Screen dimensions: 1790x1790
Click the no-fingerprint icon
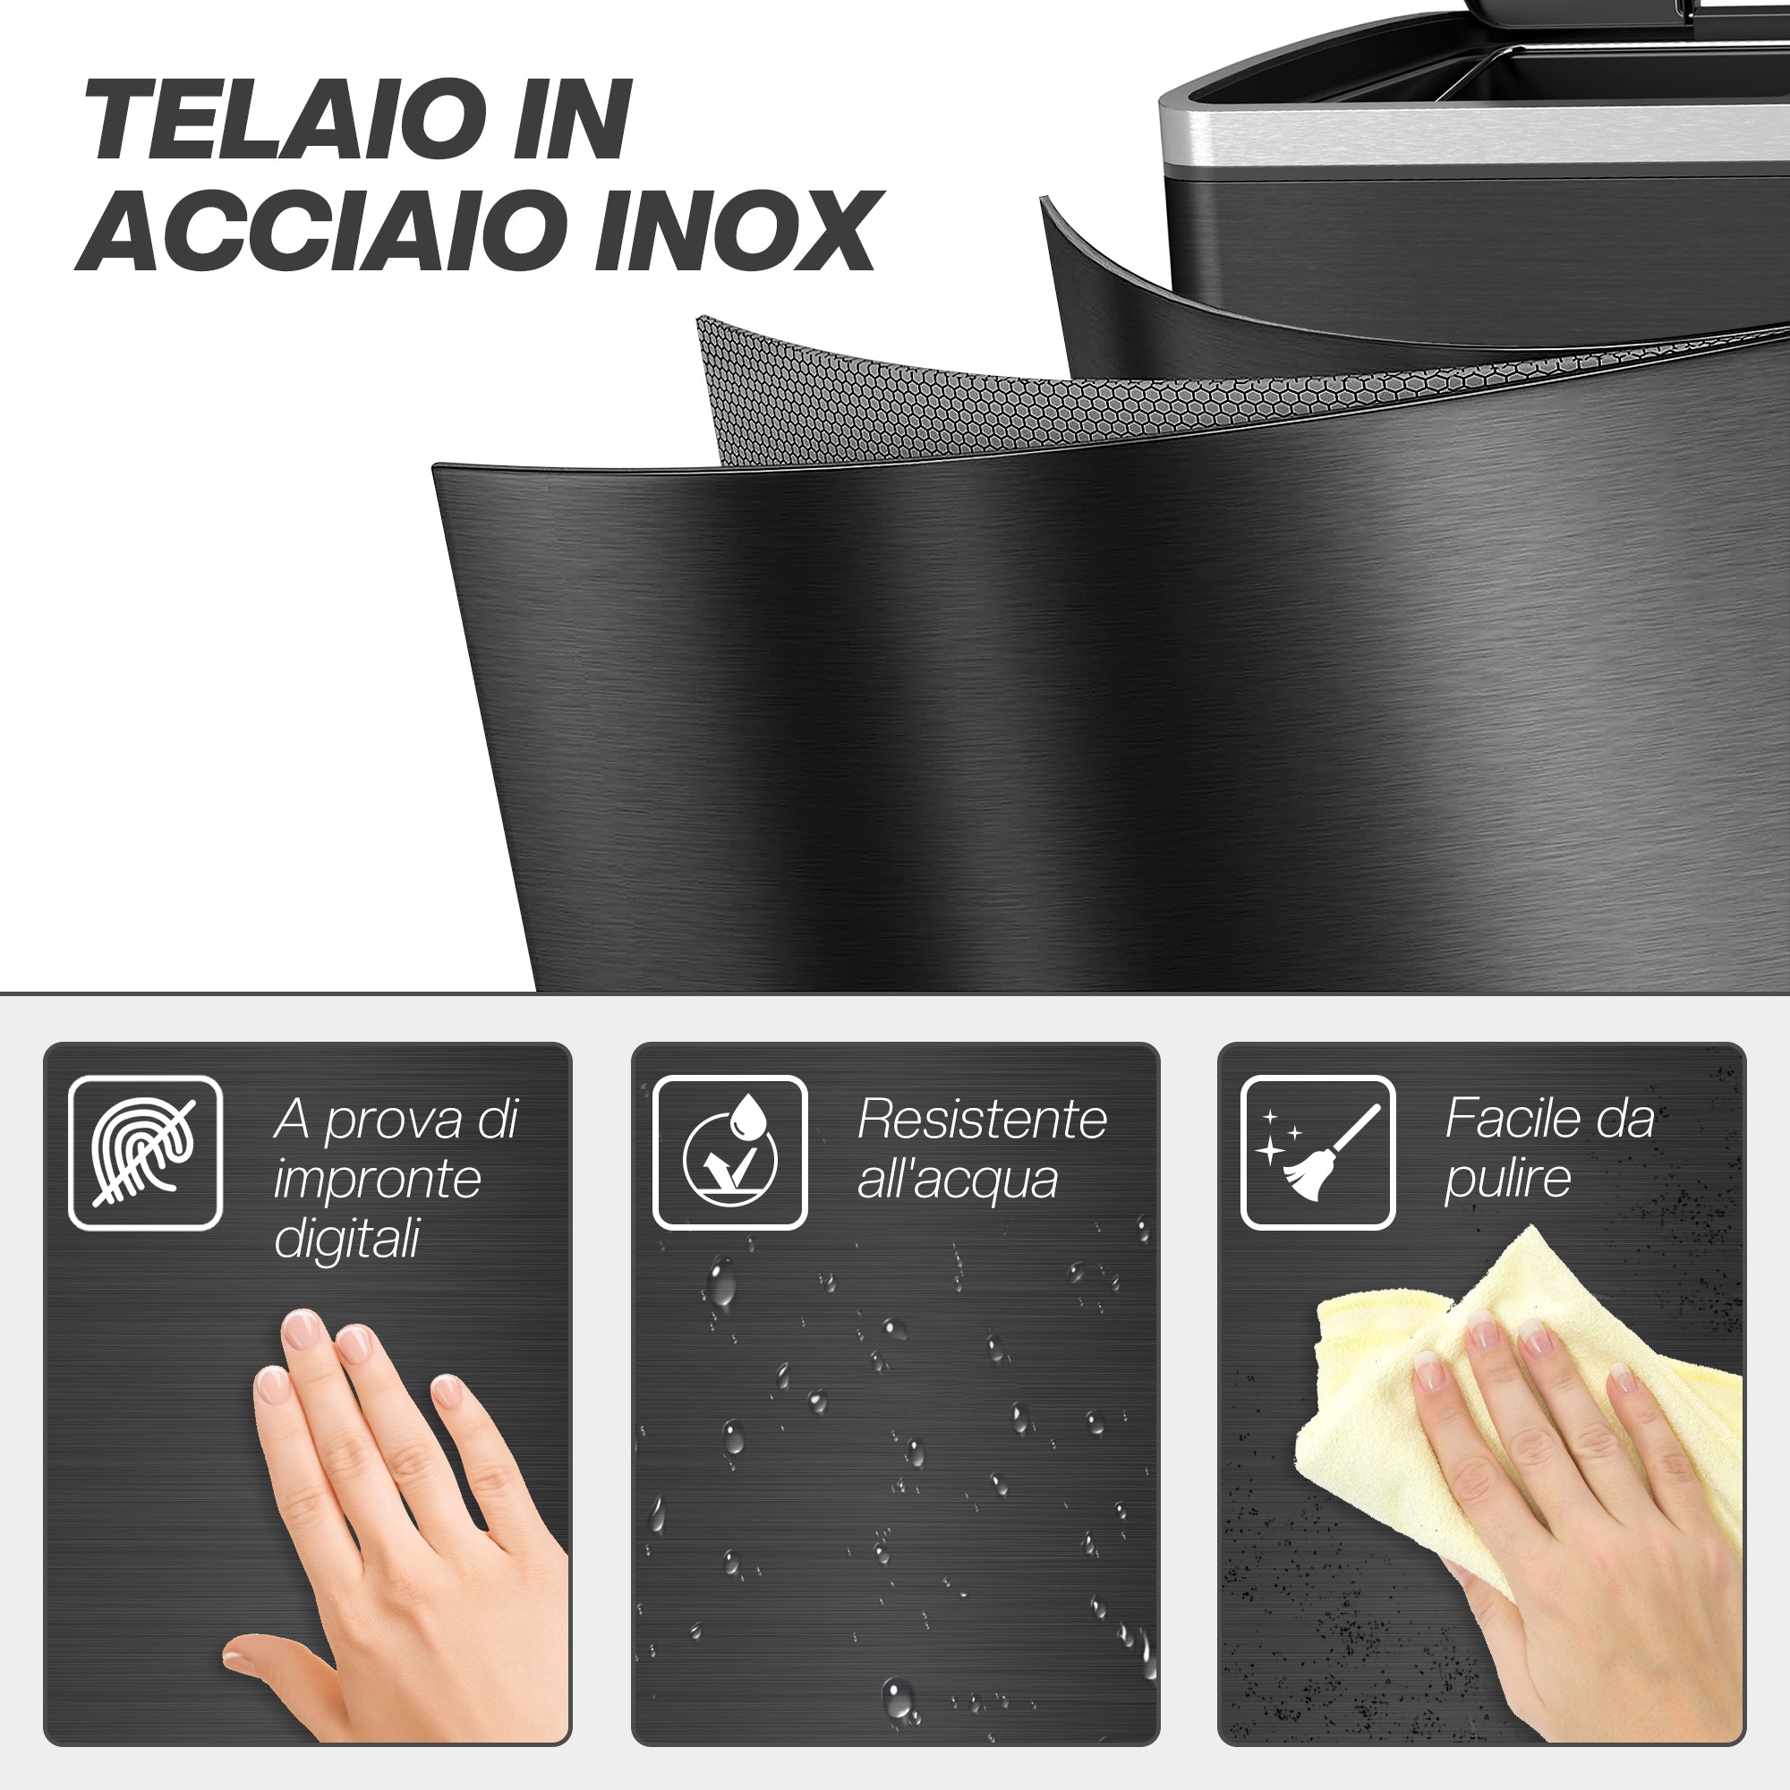click(146, 1153)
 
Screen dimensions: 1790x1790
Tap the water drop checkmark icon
click(730, 1153)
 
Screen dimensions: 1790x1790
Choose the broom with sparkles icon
click(1317, 1153)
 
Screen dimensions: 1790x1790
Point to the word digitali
click(347, 1240)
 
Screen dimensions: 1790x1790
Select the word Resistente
click(982, 1120)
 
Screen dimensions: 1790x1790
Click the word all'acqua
click(957, 1180)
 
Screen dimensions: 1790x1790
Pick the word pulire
click(1507, 1180)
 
